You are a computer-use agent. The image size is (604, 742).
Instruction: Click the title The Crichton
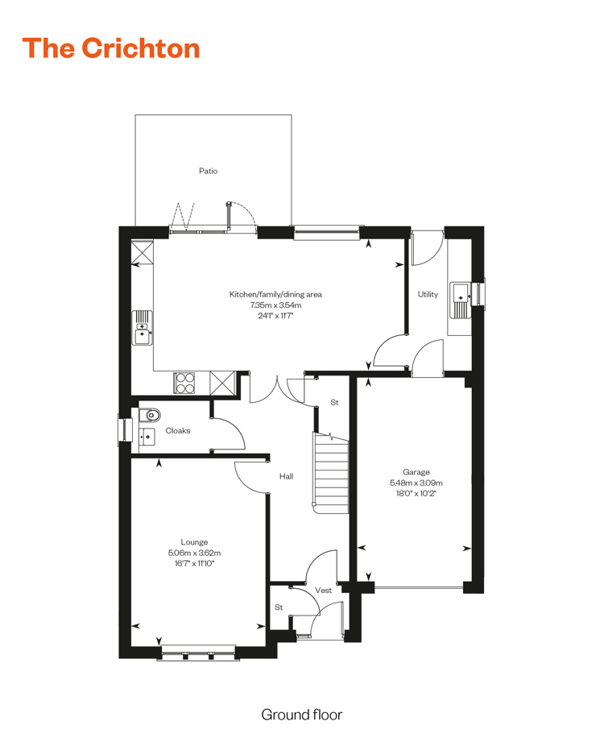(x=111, y=48)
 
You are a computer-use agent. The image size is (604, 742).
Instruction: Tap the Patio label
(x=208, y=171)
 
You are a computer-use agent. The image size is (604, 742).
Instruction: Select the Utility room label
(x=428, y=294)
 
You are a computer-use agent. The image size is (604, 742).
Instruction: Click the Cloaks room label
(x=178, y=431)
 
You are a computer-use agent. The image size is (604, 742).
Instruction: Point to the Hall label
(x=286, y=476)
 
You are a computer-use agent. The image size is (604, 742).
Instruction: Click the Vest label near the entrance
(x=323, y=590)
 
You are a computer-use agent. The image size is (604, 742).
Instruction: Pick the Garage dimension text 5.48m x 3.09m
(x=416, y=483)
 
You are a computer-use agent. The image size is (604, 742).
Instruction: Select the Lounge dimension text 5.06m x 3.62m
(x=194, y=553)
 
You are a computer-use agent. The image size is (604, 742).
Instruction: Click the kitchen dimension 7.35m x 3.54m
(x=275, y=305)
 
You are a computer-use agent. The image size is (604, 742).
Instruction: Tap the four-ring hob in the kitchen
(x=184, y=383)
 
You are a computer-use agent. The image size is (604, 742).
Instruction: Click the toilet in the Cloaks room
(x=150, y=415)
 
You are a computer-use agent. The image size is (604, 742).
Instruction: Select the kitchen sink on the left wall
(x=142, y=327)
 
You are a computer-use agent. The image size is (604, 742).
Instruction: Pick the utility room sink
(x=459, y=300)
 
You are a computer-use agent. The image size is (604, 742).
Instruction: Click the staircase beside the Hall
(x=331, y=472)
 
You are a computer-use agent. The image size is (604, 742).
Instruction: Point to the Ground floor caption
(x=302, y=715)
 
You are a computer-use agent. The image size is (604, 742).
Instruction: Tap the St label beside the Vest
(x=279, y=607)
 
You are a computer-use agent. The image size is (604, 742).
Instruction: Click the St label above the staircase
(x=334, y=402)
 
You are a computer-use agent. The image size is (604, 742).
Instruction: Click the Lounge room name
(x=194, y=542)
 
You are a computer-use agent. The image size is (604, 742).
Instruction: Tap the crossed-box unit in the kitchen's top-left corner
(x=142, y=252)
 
